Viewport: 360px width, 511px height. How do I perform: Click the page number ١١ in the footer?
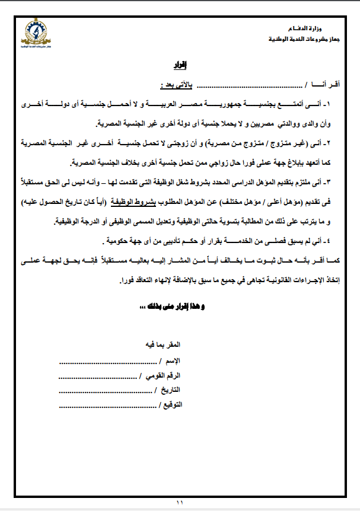tap(180, 502)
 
